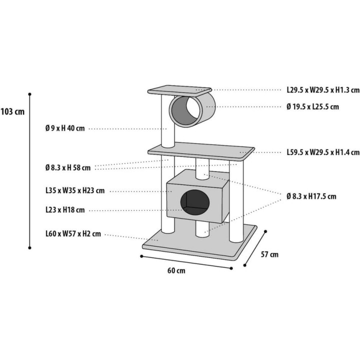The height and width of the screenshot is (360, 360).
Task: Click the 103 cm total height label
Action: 12,112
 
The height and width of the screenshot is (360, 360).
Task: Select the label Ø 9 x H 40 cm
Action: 65,128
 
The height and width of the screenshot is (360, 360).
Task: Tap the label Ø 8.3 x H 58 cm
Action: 68,167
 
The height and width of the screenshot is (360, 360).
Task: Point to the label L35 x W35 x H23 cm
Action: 75,190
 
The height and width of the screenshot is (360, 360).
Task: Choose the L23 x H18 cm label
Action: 65,209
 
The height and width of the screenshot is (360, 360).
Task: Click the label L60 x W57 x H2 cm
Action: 73,233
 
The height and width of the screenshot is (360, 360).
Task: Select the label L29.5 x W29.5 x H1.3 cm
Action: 323,90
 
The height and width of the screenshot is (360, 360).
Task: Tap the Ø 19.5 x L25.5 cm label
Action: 312,107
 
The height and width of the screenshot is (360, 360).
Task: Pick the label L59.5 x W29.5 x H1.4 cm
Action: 323,152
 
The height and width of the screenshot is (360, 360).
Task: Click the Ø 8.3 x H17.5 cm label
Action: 311,196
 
